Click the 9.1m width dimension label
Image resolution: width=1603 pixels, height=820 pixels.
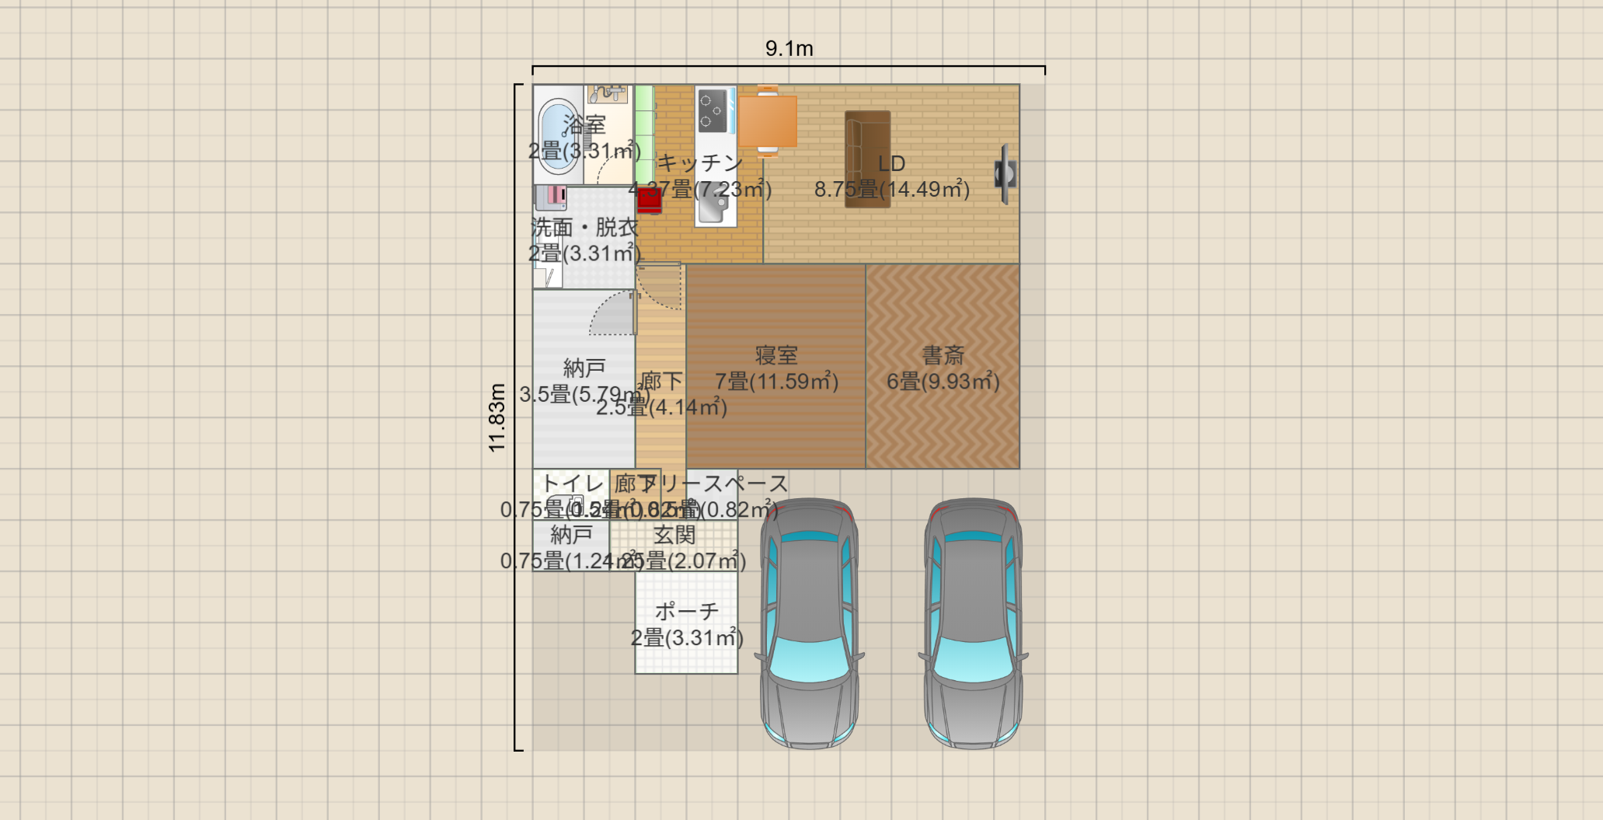[x=789, y=49]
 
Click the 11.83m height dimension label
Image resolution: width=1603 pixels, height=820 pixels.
[x=497, y=417]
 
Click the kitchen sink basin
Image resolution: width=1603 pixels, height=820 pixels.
[x=713, y=206]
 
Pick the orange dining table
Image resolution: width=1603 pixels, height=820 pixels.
[x=768, y=122]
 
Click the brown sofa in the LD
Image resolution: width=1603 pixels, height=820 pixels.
[x=867, y=159]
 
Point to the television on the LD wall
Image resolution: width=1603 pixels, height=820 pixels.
[x=1005, y=173]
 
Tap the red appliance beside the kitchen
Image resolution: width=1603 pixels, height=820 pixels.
[x=649, y=200]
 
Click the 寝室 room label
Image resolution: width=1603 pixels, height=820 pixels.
[x=776, y=355]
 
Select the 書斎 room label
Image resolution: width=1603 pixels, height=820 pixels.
[x=943, y=355]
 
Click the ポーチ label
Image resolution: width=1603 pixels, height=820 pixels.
[x=686, y=612]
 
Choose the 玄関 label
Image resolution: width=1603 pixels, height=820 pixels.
[x=674, y=535]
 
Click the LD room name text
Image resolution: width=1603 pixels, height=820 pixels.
[x=891, y=164]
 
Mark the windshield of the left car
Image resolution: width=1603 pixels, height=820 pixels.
[x=809, y=659]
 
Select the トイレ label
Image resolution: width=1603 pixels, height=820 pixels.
[x=572, y=483]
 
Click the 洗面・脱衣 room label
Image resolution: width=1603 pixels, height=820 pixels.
[x=584, y=228]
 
